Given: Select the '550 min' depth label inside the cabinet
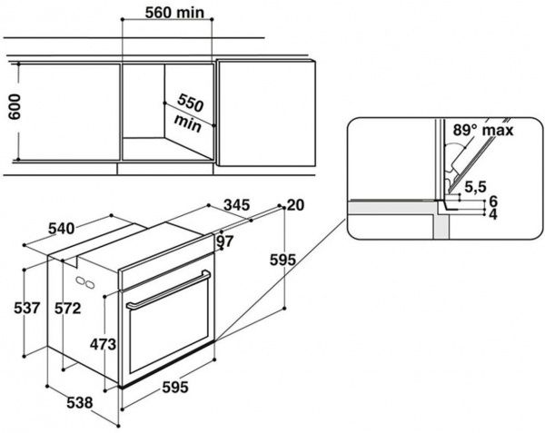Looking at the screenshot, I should coord(190,110).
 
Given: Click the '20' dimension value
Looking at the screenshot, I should coord(295,206).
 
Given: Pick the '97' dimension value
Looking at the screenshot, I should coord(225,241).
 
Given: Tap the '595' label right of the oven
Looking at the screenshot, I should coord(282,261).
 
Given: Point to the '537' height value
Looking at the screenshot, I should coord(27,309).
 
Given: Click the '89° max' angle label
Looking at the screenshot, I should coord(484,132).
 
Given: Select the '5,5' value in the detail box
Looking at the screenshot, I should coord(475,188).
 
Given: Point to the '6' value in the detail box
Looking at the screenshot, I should coord(493,201).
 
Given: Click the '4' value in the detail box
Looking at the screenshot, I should coord(493,214).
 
